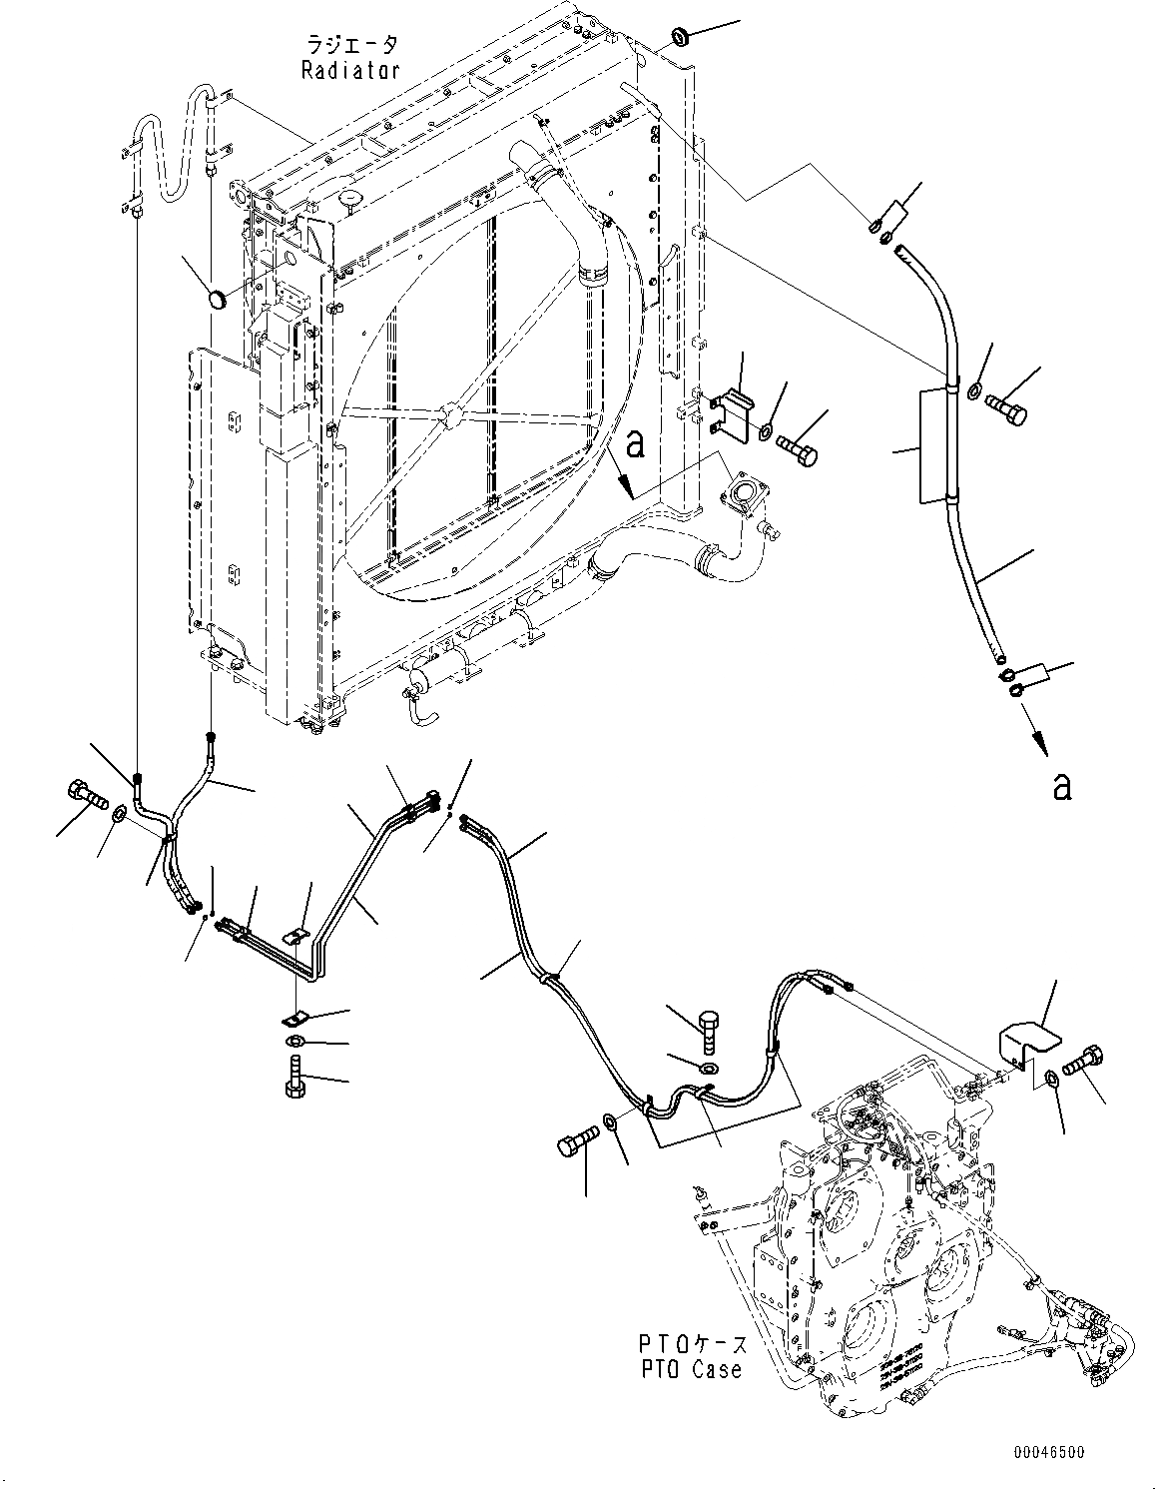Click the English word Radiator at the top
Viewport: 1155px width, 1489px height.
350,70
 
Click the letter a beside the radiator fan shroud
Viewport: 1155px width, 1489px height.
634,444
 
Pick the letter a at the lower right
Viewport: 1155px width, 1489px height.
1062,786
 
